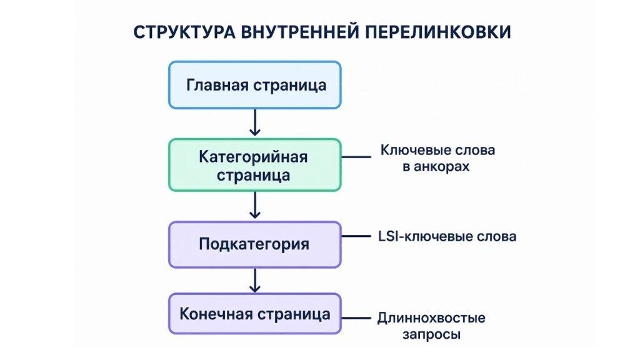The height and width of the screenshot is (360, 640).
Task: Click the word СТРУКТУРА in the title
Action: point(181,32)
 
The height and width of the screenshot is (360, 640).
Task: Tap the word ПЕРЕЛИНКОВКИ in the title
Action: point(437,32)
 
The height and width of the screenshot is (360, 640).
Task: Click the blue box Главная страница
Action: point(255,84)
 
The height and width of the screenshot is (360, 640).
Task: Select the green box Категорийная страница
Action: point(255,164)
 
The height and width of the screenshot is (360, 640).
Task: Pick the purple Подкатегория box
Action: point(255,244)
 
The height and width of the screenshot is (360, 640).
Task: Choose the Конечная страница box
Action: point(255,313)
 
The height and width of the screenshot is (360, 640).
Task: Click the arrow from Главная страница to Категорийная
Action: point(254,122)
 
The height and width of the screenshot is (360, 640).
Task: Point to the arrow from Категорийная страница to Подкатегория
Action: point(254,205)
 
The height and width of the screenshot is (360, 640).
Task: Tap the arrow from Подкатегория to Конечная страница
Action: point(254,280)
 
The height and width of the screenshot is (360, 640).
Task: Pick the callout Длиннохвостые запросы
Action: point(431,326)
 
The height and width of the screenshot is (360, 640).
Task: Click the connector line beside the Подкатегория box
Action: point(357,236)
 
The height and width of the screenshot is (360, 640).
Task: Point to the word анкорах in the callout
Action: point(445,167)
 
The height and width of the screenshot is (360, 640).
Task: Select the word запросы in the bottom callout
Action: point(431,334)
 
